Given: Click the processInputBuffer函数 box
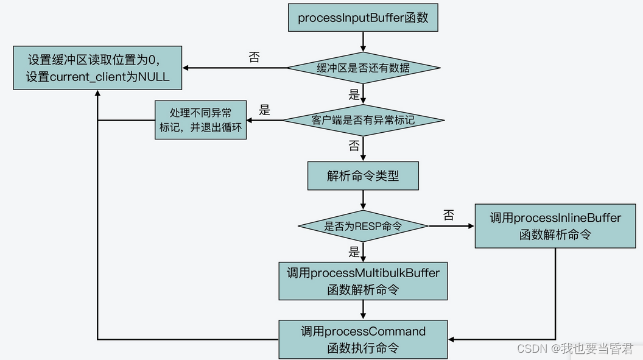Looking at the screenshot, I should [x=363, y=18].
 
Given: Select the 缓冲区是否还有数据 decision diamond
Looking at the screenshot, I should [x=363, y=68].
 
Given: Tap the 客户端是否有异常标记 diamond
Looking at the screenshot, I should [x=363, y=120].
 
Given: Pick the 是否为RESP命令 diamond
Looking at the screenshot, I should [x=363, y=226].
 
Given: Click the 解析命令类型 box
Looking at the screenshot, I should [x=363, y=176].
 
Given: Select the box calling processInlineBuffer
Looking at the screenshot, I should [x=555, y=226].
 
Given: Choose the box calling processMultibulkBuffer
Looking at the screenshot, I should [x=363, y=281].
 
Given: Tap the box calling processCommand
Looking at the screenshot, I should [x=363, y=339].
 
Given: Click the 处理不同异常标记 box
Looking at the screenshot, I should [x=200, y=120].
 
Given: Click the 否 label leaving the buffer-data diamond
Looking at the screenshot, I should [x=254, y=57].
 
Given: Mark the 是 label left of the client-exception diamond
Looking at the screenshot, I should [x=264, y=110].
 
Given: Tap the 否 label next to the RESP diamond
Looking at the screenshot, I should [x=448, y=215].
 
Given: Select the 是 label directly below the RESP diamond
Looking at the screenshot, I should [x=354, y=252].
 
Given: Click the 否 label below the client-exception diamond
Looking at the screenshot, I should [x=354, y=146].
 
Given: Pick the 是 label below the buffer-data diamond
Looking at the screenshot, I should [x=354, y=94].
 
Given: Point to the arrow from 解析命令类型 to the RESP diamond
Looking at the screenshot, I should [x=363, y=199].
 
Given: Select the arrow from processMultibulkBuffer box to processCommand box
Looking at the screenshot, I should [x=363, y=310].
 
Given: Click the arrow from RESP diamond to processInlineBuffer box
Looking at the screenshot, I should [x=451, y=226].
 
